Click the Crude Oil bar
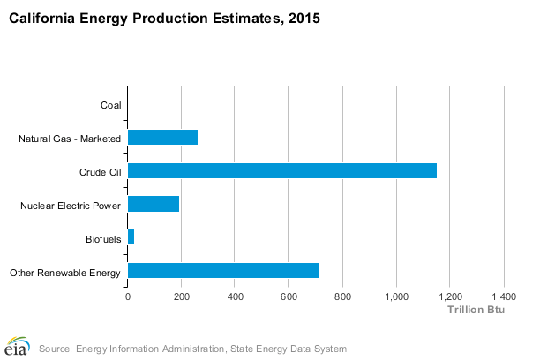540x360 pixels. point(282,170)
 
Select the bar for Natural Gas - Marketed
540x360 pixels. point(163,137)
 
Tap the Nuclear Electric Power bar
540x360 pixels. point(154,204)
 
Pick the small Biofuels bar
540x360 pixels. point(131,237)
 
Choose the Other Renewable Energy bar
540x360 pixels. point(224,271)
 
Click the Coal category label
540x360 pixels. point(111,106)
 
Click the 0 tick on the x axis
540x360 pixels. point(128,296)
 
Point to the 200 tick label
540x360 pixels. point(182,296)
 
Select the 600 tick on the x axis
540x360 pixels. point(289,296)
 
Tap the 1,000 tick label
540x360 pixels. point(396,296)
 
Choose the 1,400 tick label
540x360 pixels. point(504,296)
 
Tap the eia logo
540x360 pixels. point(18,346)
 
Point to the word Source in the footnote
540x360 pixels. point(56,348)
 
